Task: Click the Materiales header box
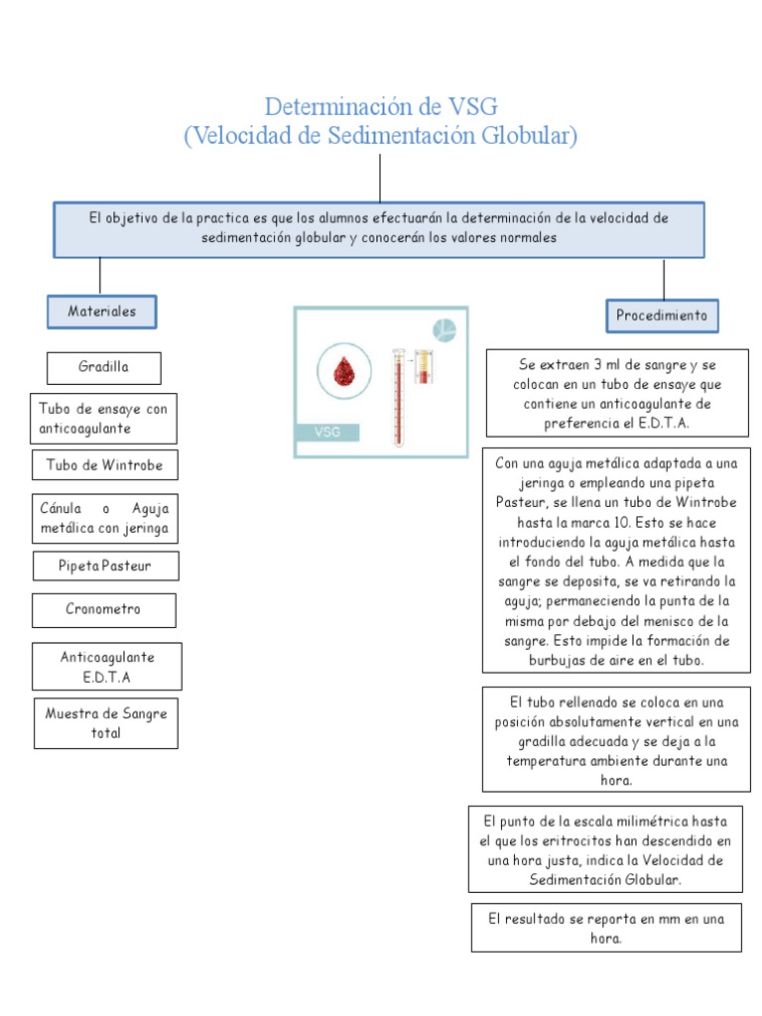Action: (103, 312)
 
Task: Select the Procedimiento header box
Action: (662, 316)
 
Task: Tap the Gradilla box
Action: (104, 367)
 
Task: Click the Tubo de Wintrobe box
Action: (104, 464)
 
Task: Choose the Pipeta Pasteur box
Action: (104, 566)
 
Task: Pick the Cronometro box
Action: (104, 609)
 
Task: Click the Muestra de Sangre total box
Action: (106, 723)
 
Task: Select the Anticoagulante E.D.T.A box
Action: (107, 667)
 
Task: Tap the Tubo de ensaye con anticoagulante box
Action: (104, 418)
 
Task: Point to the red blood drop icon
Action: (344, 372)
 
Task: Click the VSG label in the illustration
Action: (327, 432)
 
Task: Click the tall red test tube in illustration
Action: (399, 397)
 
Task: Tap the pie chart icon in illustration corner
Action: (444, 330)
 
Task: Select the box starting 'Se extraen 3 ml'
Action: (616, 393)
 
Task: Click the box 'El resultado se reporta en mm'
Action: (606, 928)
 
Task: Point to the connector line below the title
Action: (380, 179)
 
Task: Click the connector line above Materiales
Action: (100, 275)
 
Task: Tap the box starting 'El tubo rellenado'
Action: (616, 738)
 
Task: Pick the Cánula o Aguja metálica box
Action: (104, 518)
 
